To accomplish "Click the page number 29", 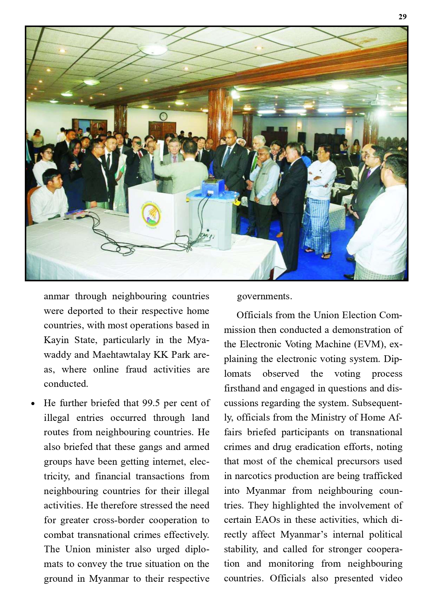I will tap(402, 17).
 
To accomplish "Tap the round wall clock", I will tap(163, 116).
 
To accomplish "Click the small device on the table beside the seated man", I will tap(75, 214).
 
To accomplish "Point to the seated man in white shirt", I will tap(49, 196).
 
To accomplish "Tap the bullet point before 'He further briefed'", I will tap(33, 404).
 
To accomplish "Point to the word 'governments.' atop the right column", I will tap(264, 296).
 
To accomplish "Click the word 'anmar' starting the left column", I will tap(56, 296).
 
